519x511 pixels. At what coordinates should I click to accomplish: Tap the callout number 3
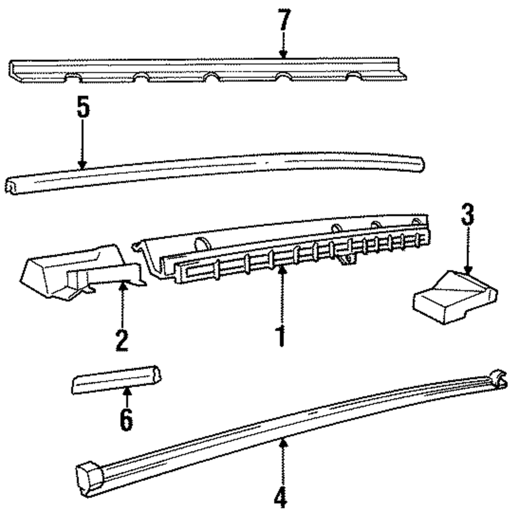tap(468, 216)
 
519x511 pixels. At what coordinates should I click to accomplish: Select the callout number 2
tap(121, 340)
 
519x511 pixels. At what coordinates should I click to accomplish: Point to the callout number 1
tap(281, 336)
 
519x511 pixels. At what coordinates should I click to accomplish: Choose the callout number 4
tap(281, 498)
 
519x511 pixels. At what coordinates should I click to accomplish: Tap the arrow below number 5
tap(82, 145)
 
